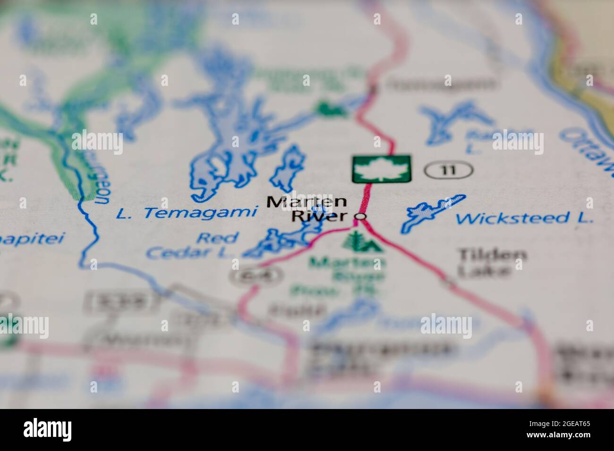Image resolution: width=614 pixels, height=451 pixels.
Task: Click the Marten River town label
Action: coord(307,209)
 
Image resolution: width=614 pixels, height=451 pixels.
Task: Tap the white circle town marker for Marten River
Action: coord(361,217)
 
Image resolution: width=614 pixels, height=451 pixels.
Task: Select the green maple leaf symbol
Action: coord(381,169)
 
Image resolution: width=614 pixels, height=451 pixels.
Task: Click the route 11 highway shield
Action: coord(448,169)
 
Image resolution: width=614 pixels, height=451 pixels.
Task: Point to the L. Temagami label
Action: coord(187,213)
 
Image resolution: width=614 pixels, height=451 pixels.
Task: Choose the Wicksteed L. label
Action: coord(524,218)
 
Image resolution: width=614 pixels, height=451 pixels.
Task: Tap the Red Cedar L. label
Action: coord(194,245)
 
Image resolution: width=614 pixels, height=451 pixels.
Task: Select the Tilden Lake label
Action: coord(492,262)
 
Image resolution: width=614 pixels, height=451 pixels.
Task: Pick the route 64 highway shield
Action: coord(257,275)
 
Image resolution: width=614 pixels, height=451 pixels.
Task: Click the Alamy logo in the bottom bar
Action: coord(48,429)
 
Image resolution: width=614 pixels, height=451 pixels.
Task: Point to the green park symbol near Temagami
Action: coord(331,108)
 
